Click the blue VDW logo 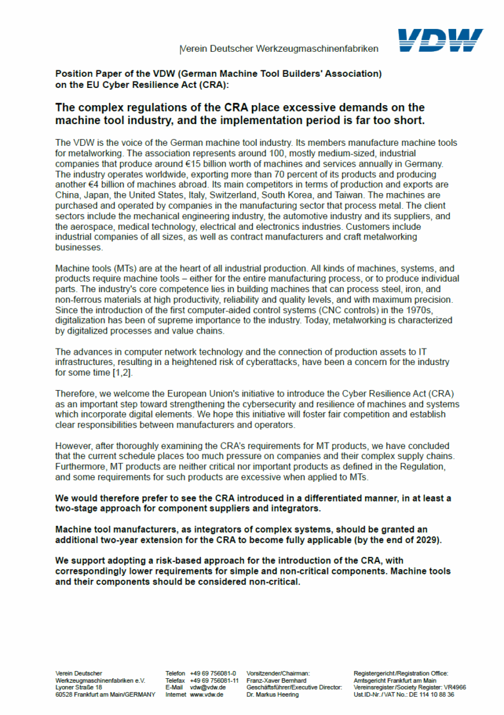pyautogui.click(x=440, y=40)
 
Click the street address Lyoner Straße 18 pyautogui.click(x=79, y=687)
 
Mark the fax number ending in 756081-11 pyautogui.click(x=214, y=680)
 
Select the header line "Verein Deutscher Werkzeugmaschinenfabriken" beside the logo pyautogui.click(x=279, y=49)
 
